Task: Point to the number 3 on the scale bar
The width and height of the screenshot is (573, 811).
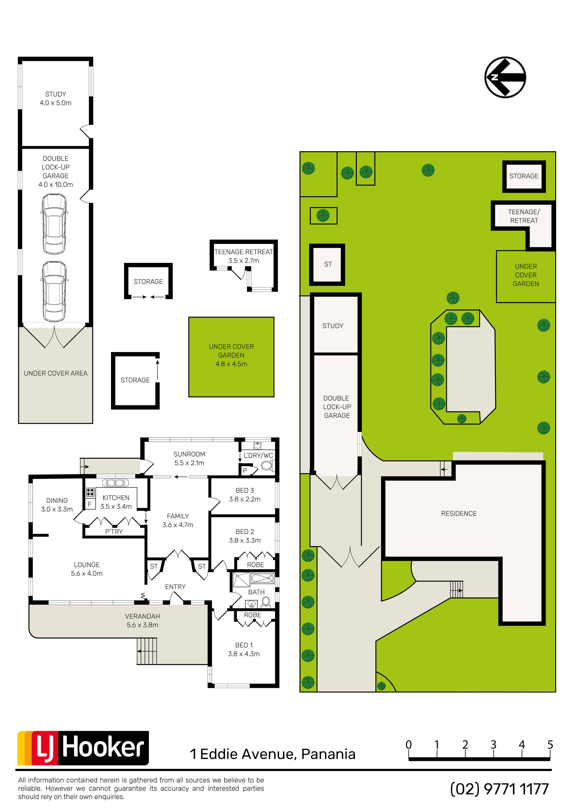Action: click(x=494, y=744)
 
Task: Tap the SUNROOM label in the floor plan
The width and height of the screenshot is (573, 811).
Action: click(x=189, y=454)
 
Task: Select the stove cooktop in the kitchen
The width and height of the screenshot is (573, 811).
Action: click(x=91, y=492)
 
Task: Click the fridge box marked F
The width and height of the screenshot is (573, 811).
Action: click(x=90, y=504)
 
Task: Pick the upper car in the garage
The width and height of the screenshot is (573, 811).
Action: click(x=54, y=224)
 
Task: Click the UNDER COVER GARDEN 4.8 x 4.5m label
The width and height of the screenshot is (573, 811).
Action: click(x=231, y=355)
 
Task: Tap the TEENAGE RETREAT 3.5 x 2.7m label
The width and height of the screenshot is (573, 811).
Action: click(x=243, y=256)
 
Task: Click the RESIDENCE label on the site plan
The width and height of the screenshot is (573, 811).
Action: click(x=459, y=513)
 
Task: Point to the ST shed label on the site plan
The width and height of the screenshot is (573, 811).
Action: click(x=328, y=264)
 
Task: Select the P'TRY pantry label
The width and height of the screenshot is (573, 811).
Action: click(x=114, y=532)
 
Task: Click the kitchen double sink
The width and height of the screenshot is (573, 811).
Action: click(x=116, y=483)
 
